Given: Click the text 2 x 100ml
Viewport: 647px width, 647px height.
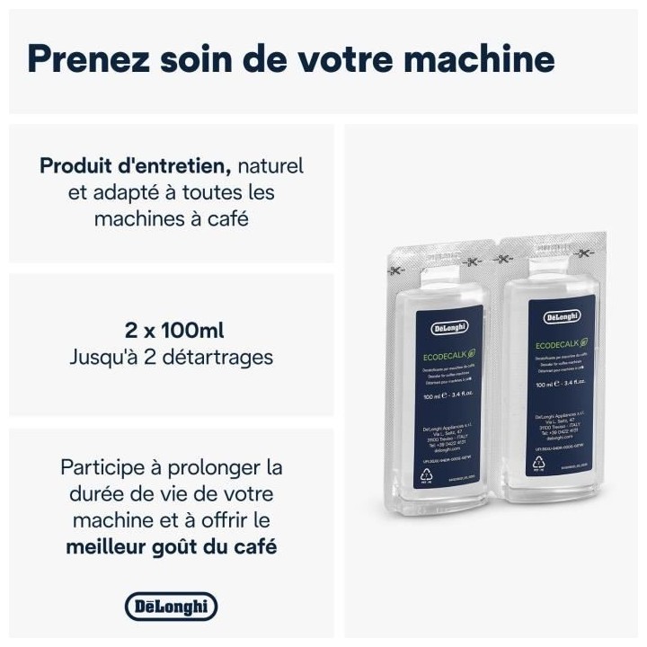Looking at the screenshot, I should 171,329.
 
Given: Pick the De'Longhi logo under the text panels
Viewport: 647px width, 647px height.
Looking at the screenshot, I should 171,607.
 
